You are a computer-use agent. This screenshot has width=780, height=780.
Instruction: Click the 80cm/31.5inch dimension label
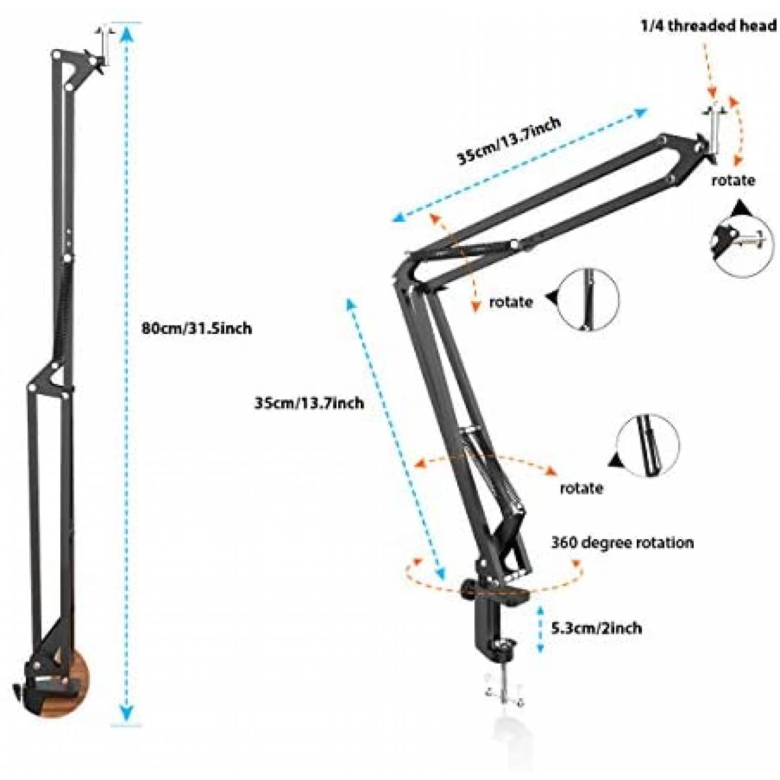[x=196, y=328]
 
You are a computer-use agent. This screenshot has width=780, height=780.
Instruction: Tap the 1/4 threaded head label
[x=708, y=26]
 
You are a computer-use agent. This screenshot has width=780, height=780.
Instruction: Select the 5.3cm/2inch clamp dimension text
[x=596, y=628]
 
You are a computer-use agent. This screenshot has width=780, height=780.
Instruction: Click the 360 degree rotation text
[x=622, y=543]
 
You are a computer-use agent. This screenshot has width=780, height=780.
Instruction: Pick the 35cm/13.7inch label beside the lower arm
[x=309, y=403]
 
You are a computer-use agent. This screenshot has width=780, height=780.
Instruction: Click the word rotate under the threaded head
[x=733, y=180]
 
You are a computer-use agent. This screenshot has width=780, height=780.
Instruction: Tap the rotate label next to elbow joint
[x=510, y=302]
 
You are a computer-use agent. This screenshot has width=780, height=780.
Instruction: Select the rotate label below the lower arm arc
[x=581, y=488]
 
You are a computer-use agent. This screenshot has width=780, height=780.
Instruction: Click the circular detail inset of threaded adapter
[x=742, y=245]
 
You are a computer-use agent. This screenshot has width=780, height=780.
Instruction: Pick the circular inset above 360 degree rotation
[x=648, y=445]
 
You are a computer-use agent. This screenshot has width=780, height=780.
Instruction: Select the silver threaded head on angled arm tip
[x=713, y=129]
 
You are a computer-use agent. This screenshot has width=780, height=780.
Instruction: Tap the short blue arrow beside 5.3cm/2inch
[x=540, y=628]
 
